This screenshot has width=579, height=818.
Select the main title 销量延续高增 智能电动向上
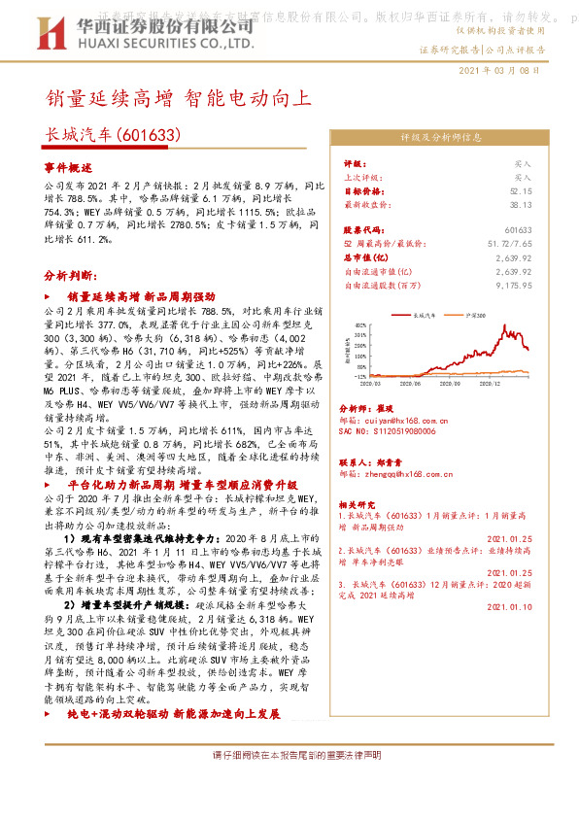(179, 98)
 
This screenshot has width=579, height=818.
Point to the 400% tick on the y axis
(360, 325)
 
